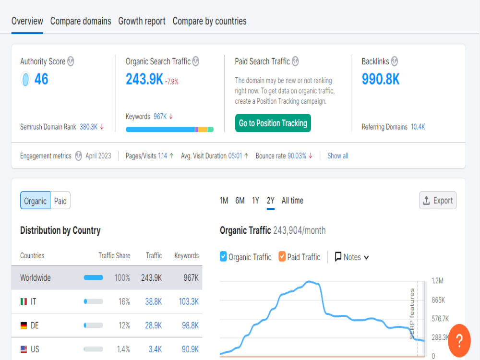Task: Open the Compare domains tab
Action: coord(81,21)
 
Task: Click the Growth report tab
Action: coord(142,21)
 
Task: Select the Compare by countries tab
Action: coord(209,21)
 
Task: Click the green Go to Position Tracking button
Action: coord(273,123)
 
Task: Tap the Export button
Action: coord(438,201)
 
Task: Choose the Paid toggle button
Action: coord(60,201)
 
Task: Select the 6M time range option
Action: coord(240,201)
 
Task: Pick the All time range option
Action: coord(292,201)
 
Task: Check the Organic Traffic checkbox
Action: coord(223,256)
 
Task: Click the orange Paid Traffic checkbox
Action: coord(282,256)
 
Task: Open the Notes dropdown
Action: coord(352,257)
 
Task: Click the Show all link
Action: coord(338,156)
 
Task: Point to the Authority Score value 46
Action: coord(41,79)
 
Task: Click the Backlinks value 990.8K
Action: coord(381,79)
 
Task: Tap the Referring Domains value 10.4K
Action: coord(418,127)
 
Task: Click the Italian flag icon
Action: coord(24,302)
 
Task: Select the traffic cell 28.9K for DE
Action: coord(154,325)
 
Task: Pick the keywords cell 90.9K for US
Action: coord(190,349)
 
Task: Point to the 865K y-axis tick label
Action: coord(438,300)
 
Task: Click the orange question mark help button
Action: coord(459,341)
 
